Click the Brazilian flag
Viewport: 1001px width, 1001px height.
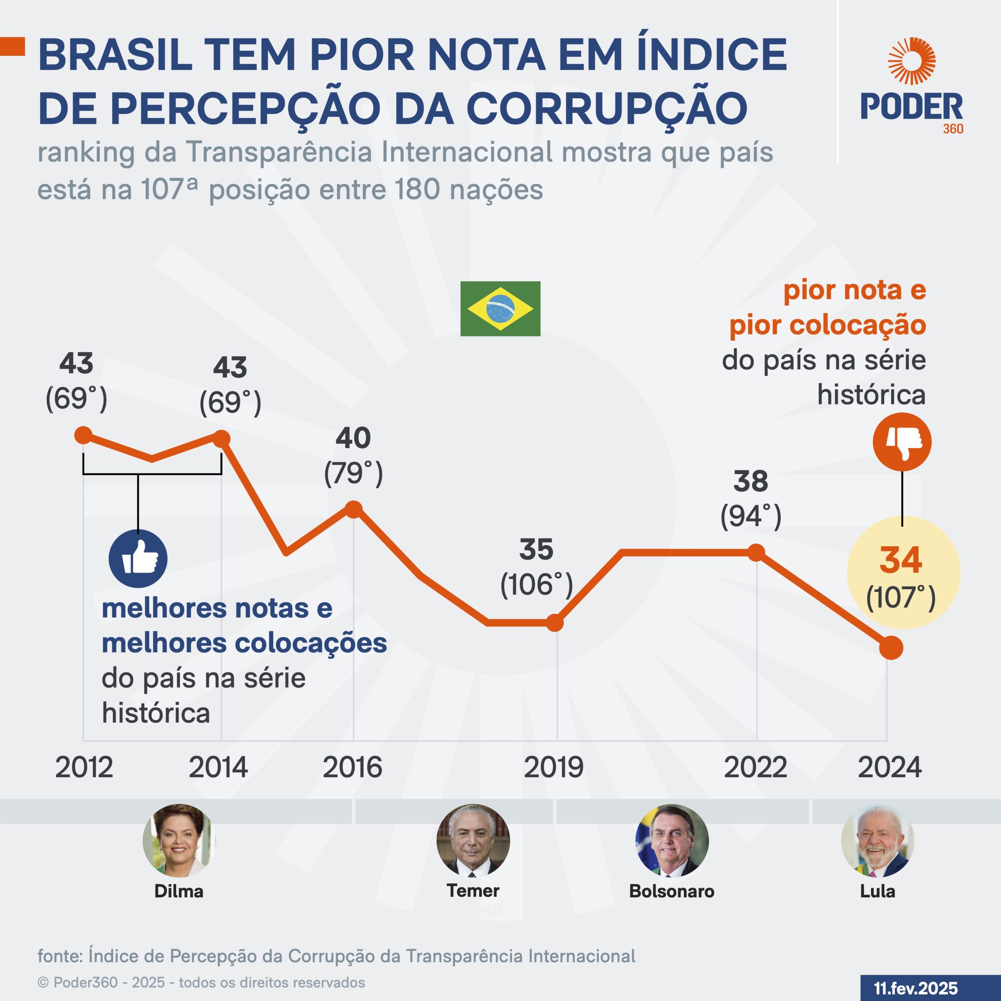500,309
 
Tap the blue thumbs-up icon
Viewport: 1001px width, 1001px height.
138,558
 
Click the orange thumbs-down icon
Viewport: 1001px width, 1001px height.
902,442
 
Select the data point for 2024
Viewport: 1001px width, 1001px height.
891,648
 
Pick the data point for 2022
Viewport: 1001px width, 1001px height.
757,553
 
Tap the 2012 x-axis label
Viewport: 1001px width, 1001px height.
84,767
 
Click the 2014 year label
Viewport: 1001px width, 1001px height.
218,767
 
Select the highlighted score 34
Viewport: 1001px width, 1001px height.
901,560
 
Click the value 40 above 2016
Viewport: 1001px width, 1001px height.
353,438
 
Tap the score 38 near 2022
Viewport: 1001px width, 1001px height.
751,481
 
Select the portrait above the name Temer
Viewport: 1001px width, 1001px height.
473,840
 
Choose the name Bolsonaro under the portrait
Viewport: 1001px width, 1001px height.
671,891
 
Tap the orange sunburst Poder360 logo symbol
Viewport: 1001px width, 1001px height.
911,61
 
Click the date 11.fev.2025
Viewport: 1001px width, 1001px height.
915,988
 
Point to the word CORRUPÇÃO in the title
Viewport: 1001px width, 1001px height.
607,109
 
